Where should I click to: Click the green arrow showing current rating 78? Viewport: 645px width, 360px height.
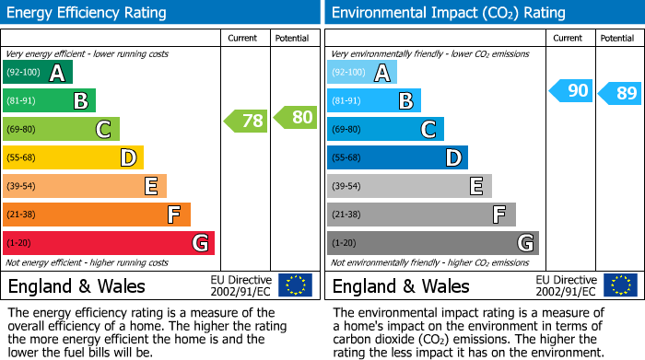pos(245,121)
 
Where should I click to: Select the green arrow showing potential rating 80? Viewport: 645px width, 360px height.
pos(295,117)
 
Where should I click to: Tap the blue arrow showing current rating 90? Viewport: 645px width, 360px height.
pos(570,90)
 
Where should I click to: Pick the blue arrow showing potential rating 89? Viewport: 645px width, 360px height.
pos(619,93)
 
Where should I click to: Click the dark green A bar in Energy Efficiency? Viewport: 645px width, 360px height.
pos(38,73)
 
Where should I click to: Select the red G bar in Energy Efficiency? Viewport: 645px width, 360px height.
pos(109,243)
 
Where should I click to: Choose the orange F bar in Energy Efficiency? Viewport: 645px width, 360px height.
pos(97,215)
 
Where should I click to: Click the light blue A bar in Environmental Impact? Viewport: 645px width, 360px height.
pos(362,73)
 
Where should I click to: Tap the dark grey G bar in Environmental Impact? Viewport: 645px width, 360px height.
pos(433,243)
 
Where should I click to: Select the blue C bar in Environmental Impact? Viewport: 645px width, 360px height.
pos(386,129)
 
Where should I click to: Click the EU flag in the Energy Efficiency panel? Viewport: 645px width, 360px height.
pos(296,285)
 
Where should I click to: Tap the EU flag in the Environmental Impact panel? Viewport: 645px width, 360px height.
pos(620,285)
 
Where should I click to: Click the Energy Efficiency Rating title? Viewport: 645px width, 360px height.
pos(88,13)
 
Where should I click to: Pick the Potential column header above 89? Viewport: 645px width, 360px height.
pos(617,38)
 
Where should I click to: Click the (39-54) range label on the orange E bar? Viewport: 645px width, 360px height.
pos(21,187)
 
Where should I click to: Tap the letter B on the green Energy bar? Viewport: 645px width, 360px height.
pos(81,101)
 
